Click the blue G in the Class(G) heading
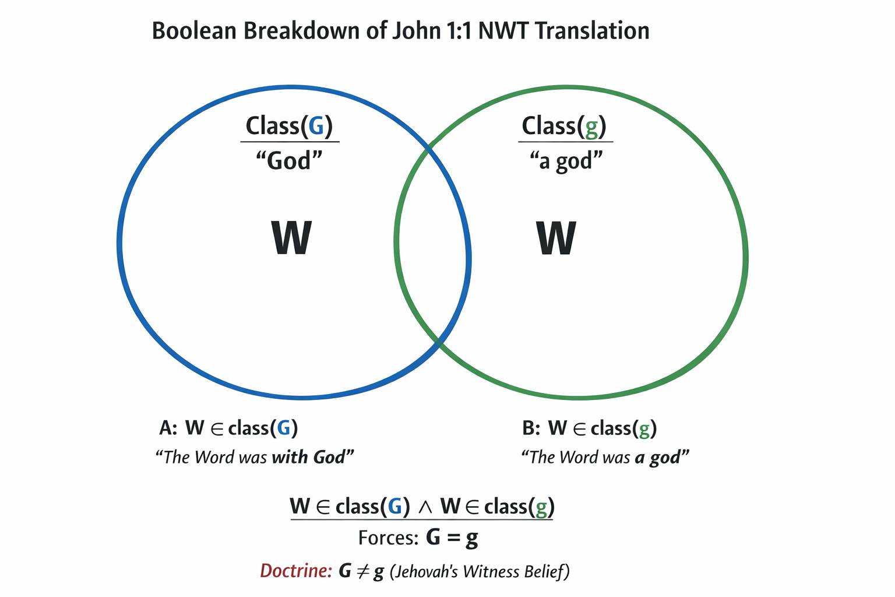tap(316, 126)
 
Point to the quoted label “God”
tap(289, 161)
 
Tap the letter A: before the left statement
tap(168, 428)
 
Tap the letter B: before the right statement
tap(531, 428)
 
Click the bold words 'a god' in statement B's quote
tap(657, 458)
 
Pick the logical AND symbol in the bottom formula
tap(425, 507)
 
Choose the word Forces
tap(388, 538)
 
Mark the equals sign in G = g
tap(453, 538)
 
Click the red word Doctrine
tap(296, 571)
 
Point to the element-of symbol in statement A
tap(217, 429)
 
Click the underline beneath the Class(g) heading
tap(565, 142)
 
